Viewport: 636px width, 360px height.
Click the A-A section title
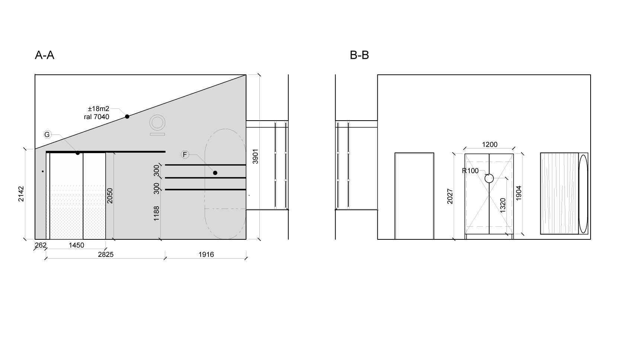[x=45, y=55]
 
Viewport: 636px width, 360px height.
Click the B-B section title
[x=359, y=55]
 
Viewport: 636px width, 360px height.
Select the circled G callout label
[x=47, y=134]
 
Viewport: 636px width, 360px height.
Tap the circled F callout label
[x=185, y=154]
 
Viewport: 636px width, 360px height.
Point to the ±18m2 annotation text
[x=99, y=109]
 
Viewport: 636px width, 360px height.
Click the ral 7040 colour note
[x=96, y=117]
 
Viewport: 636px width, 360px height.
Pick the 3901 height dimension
[x=256, y=156]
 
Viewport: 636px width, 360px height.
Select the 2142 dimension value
[x=21, y=194]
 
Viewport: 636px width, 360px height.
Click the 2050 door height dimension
[x=110, y=196]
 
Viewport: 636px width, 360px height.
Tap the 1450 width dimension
[x=76, y=245]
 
